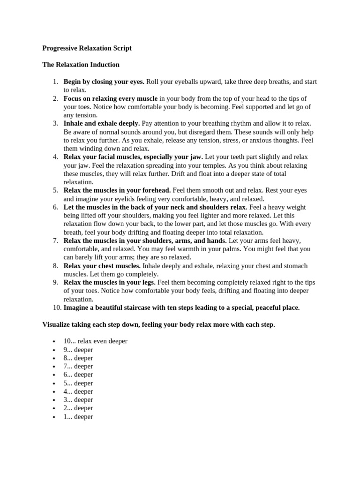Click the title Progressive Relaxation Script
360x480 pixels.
click(x=87, y=48)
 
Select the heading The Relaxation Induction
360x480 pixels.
click(x=81, y=65)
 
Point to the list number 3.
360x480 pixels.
click(x=55, y=123)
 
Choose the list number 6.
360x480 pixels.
click(x=55, y=207)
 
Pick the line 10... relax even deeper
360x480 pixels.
click(x=95, y=341)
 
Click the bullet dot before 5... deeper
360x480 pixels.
click(x=54, y=383)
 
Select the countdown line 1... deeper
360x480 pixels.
click(x=78, y=417)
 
